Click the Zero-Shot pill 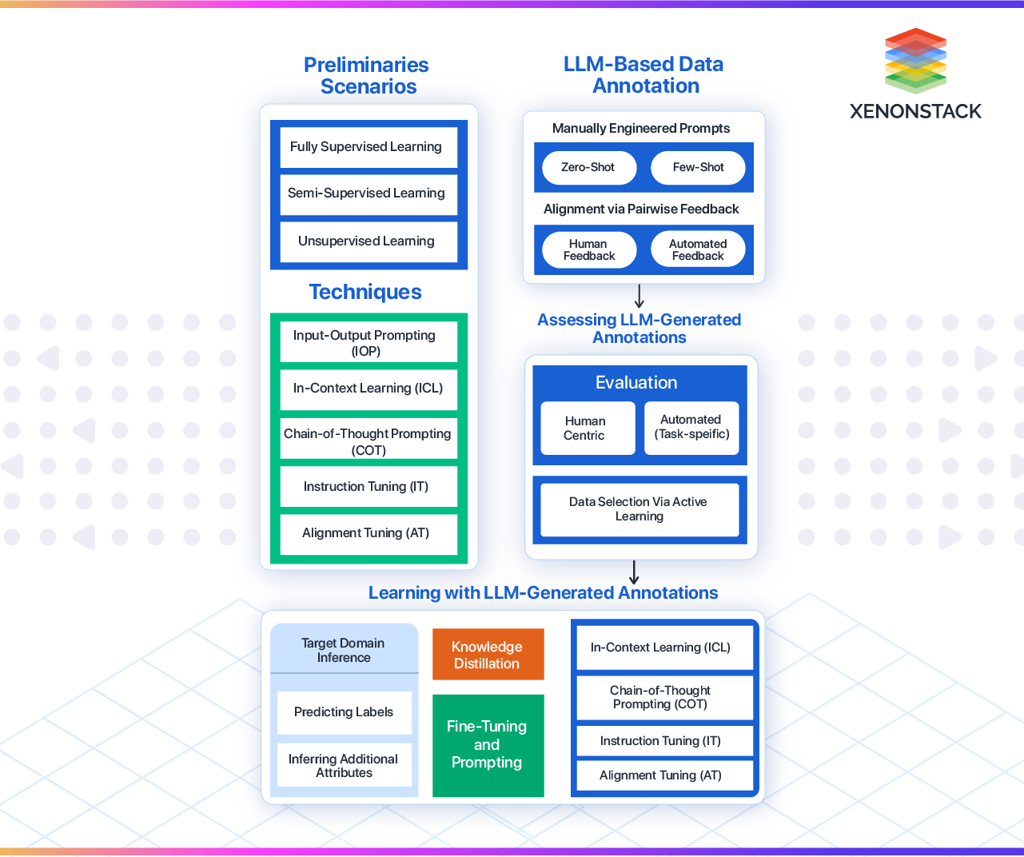[x=588, y=168]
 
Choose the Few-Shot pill [x=698, y=168]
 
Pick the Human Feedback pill [x=589, y=250]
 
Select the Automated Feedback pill [x=698, y=250]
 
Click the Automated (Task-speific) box [x=691, y=428]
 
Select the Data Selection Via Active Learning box [x=639, y=509]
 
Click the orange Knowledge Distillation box [x=488, y=655]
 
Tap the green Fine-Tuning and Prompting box [x=488, y=745]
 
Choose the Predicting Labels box [x=344, y=712]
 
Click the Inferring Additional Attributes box [x=344, y=766]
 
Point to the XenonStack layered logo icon [x=915, y=61]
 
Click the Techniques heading [x=365, y=292]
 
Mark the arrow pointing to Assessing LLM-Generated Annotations [x=640, y=297]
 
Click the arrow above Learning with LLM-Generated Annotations [x=634, y=572]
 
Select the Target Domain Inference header [x=344, y=650]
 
